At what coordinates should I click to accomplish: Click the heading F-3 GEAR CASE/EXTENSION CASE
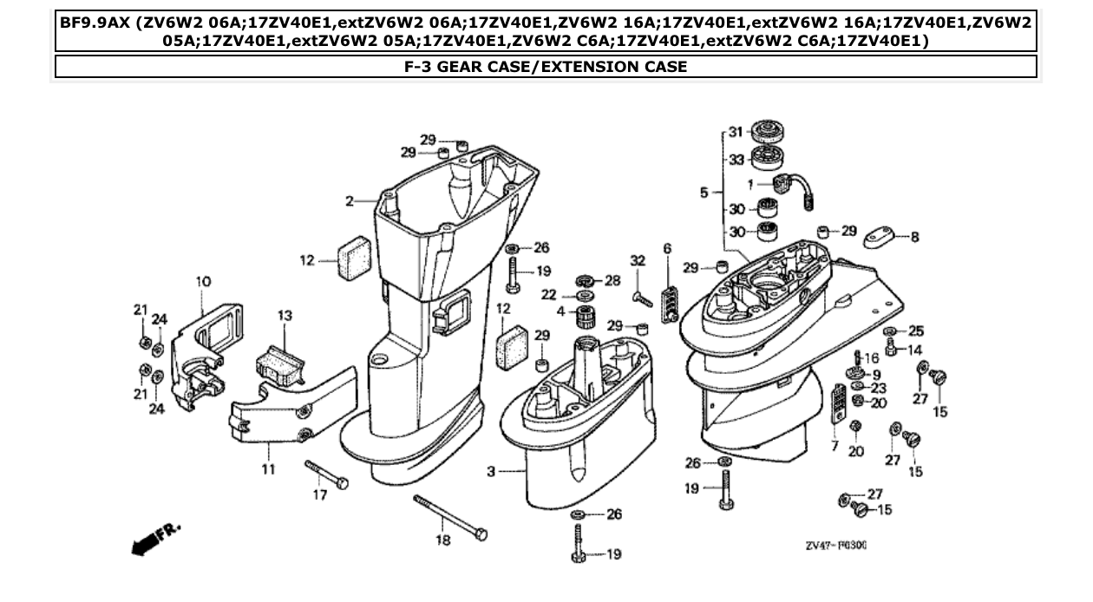click(546, 67)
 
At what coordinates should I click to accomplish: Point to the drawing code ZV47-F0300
click(836, 546)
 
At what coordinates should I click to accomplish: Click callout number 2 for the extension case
click(349, 201)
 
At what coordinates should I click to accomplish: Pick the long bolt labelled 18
click(449, 517)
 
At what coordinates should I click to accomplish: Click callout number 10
click(202, 282)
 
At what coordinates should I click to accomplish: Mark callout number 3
click(491, 472)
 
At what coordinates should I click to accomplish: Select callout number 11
click(269, 469)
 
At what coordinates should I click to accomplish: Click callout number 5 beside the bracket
click(704, 193)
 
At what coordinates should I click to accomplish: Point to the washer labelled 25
click(889, 332)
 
